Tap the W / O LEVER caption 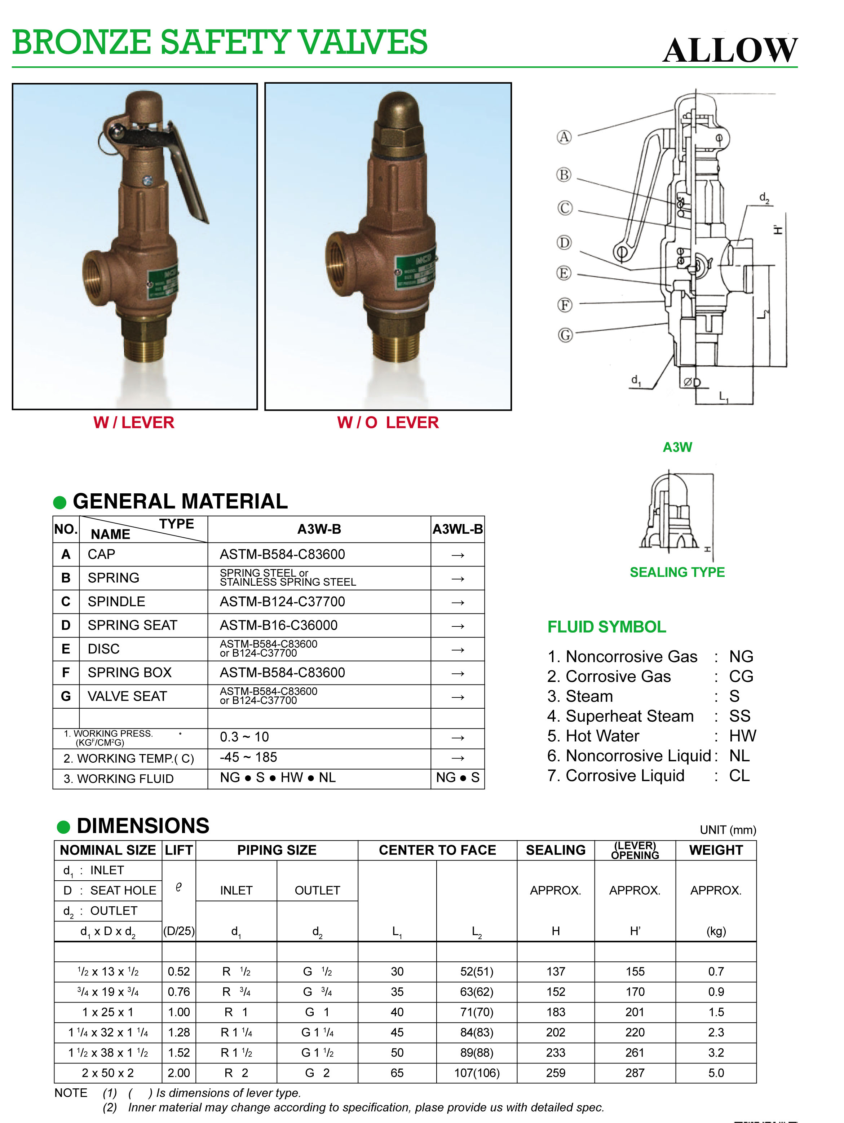pos(388,422)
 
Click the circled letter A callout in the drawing pos(564,137)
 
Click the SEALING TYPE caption pos(677,572)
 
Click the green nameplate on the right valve pos(415,272)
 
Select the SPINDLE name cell pos(116,602)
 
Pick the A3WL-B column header pos(457,529)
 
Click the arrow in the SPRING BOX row pos(457,673)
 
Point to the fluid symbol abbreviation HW pos(742,736)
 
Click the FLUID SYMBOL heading pos(606,627)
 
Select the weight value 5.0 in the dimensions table pos(716,1073)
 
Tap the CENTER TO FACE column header pos(437,850)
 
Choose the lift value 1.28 pos(179,1032)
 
